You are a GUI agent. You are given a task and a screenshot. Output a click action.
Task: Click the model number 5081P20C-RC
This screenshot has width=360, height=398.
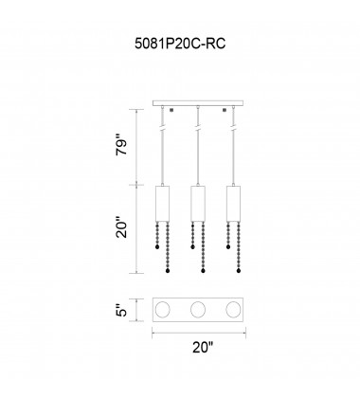(180, 44)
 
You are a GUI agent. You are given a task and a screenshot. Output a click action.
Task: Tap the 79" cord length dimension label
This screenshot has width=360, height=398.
(122, 145)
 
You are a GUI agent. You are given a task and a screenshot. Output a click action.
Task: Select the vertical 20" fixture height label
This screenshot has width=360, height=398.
(122, 227)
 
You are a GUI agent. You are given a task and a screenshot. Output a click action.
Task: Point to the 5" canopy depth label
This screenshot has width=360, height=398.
(122, 310)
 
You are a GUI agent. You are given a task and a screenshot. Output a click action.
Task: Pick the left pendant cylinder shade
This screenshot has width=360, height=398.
(163, 204)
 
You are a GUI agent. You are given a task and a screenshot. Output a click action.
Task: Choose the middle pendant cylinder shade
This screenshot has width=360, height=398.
(198, 204)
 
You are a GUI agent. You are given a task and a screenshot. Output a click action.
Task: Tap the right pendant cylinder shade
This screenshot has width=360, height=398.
(233, 204)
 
